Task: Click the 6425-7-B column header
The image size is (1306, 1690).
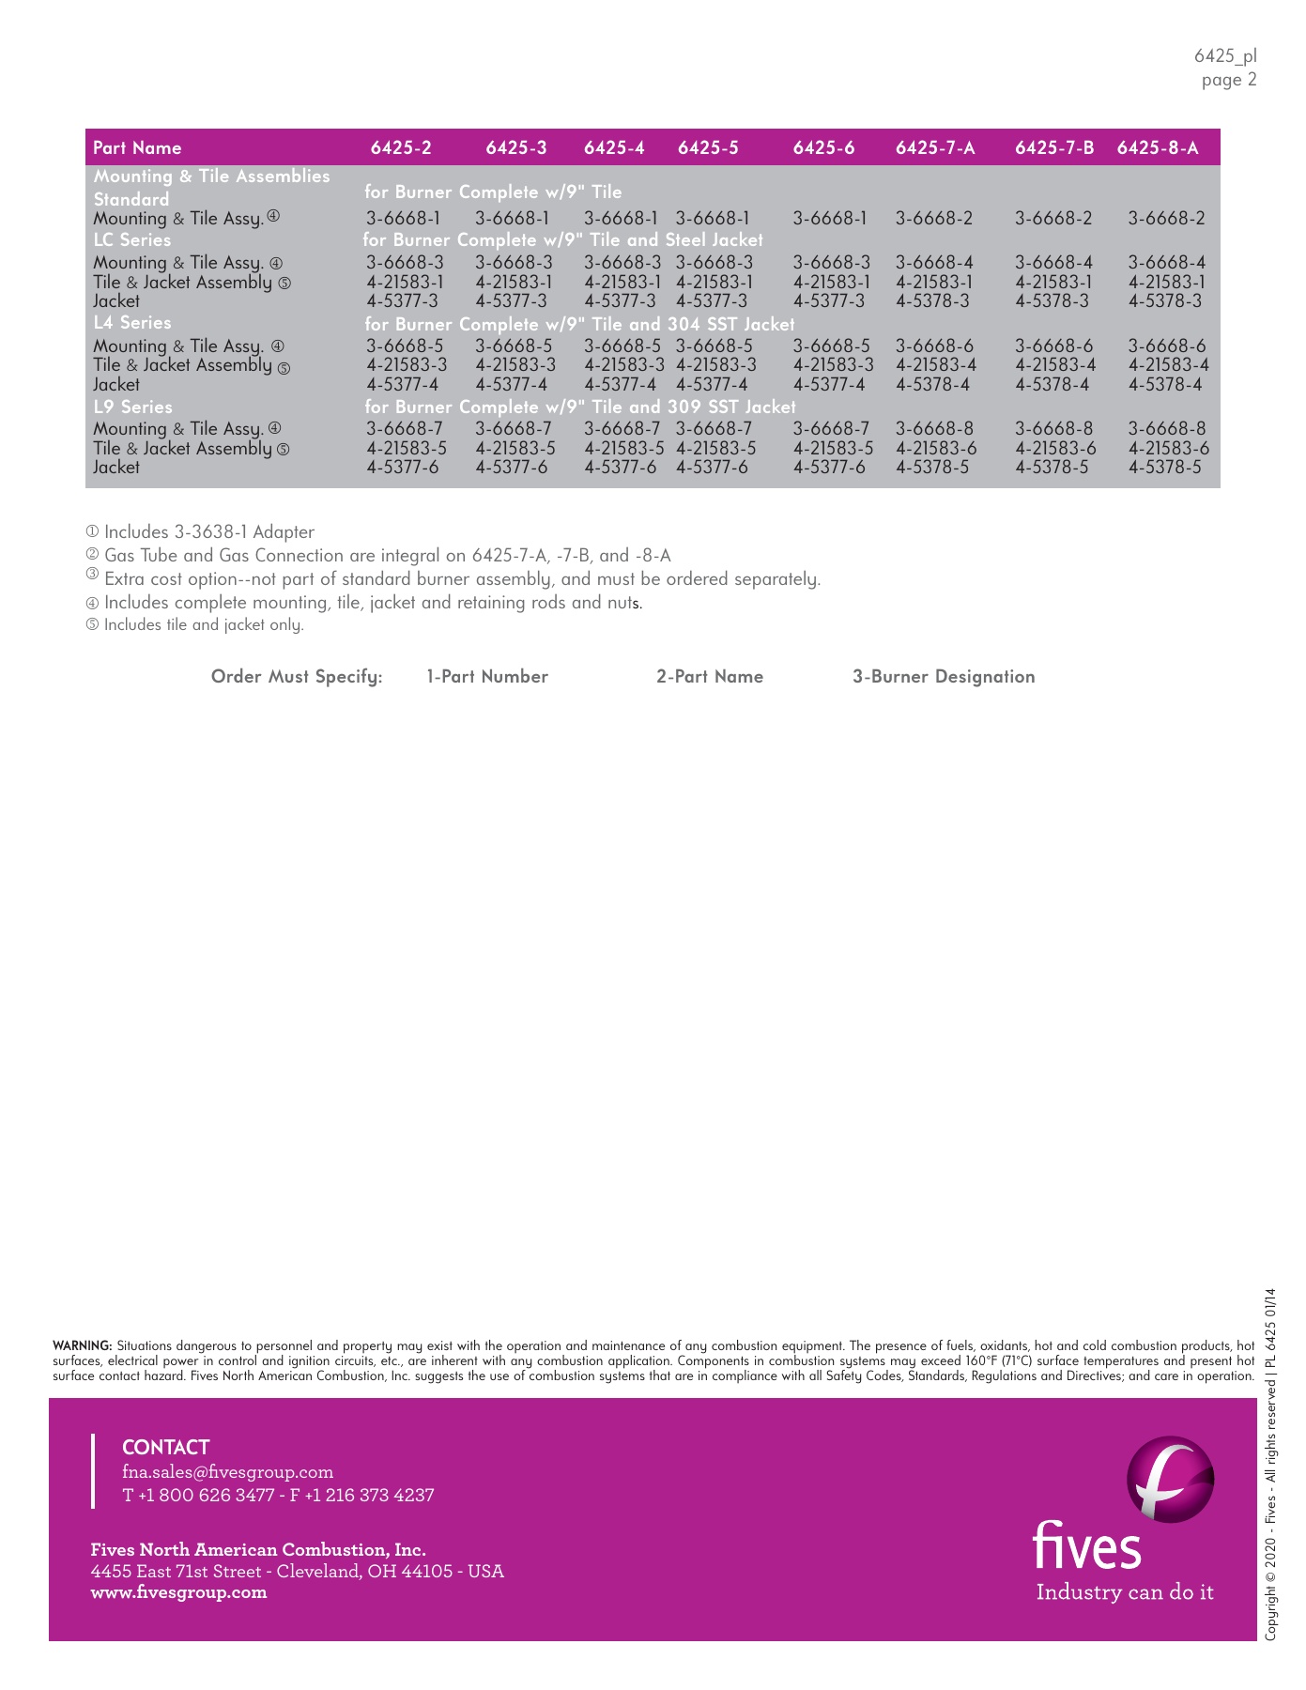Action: coord(1054,148)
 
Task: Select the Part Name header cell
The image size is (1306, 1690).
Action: coord(137,148)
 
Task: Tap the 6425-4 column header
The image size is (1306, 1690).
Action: coord(614,148)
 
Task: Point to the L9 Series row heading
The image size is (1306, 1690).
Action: coord(132,407)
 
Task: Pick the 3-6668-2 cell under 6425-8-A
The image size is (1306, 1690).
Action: coord(1166,219)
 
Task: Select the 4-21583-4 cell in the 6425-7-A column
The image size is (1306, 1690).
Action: coord(935,365)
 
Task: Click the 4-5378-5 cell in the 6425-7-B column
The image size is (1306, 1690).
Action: coord(1052,468)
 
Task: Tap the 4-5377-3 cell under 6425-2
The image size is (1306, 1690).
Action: coord(402,301)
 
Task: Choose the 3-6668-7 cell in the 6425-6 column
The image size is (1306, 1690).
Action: coord(831,429)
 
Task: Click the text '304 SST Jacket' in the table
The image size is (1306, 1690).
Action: coord(730,325)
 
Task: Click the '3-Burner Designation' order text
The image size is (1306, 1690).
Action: coord(943,677)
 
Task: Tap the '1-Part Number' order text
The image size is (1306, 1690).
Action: coord(486,677)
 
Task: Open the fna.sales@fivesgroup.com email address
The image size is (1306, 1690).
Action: coord(227,1471)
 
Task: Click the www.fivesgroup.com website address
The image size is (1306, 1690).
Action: coord(178,1592)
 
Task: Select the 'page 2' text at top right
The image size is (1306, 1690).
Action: coord(1228,80)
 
